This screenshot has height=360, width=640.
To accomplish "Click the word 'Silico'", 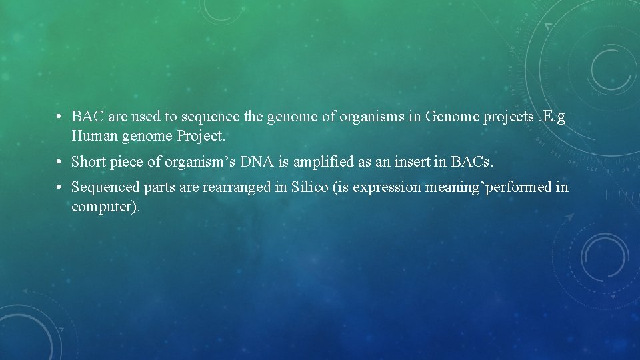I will [x=309, y=187].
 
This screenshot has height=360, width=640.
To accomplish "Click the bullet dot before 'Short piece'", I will [x=60, y=162].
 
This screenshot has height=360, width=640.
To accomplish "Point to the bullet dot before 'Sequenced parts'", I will [x=60, y=187].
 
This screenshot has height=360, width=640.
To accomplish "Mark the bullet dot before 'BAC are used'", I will [x=60, y=117].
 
